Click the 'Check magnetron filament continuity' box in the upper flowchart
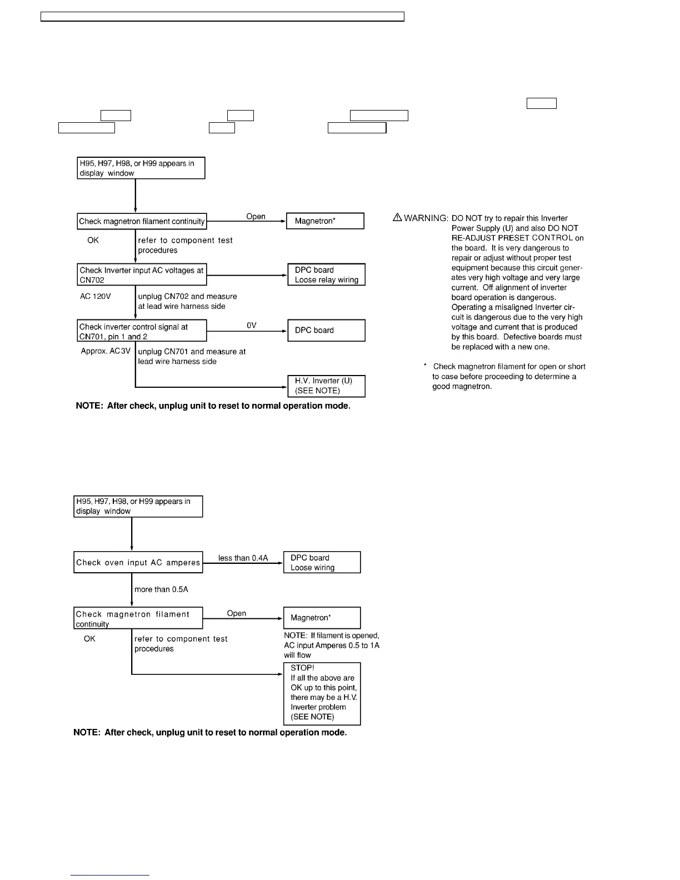tap(142, 221)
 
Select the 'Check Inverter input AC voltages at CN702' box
tap(142, 274)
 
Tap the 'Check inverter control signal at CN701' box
tap(142, 331)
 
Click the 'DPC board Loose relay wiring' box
tap(326, 274)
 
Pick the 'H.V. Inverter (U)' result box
tap(326, 386)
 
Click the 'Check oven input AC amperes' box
tap(138, 562)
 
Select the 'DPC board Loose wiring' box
tap(322, 562)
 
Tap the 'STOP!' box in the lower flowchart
tap(322, 693)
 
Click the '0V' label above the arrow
tap(252, 326)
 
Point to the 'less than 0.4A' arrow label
tap(243, 558)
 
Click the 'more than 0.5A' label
tap(161, 589)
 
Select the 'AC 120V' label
tap(96, 297)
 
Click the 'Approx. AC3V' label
tap(106, 352)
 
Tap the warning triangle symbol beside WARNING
tap(397, 218)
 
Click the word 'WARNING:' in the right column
tap(426, 218)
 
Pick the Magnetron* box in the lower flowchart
tap(322, 618)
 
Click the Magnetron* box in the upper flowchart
tap(325, 221)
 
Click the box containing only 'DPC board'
tap(326, 330)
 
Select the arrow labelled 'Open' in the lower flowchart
tap(243, 618)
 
